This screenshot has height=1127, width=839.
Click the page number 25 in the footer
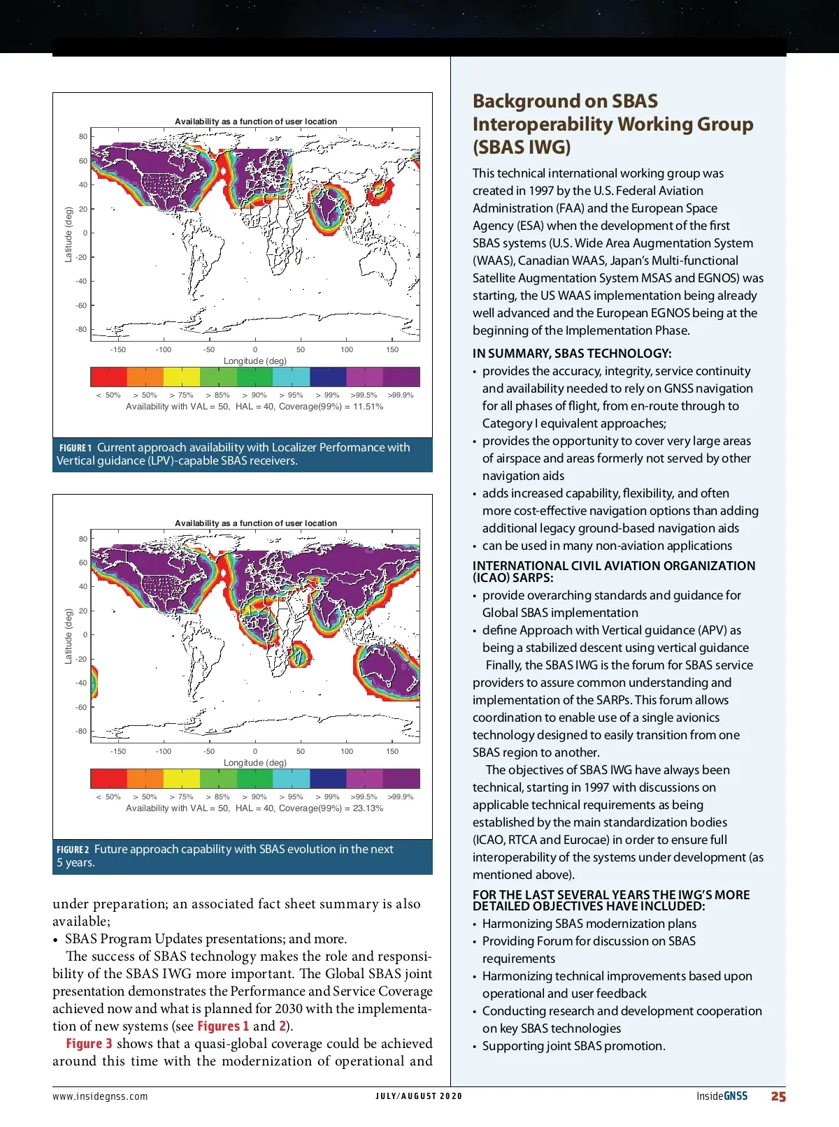click(778, 1096)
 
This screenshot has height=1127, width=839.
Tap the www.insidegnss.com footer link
click(100, 1096)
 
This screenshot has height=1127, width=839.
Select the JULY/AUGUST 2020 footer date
click(419, 1096)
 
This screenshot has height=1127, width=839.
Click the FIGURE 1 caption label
click(76, 448)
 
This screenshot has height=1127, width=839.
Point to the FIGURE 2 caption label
click(73, 850)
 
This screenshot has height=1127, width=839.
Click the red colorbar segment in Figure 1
click(108, 377)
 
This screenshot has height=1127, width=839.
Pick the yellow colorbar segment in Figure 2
click(182, 778)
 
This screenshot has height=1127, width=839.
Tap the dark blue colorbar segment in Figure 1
click(328, 377)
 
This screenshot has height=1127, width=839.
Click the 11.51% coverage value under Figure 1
click(368, 407)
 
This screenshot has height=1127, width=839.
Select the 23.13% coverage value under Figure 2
click(368, 808)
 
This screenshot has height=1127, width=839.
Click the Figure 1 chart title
click(256, 122)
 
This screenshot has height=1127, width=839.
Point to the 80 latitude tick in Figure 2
click(83, 539)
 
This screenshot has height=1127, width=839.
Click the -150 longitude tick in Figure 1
click(118, 349)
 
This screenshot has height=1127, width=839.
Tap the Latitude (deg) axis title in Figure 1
click(69, 234)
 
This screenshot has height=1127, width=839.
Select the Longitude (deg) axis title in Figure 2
click(255, 763)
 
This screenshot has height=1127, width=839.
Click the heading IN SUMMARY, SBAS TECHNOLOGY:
click(571, 354)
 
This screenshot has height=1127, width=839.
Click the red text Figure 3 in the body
click(89, 1044)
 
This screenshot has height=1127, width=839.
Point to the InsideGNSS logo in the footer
click(722, 1096)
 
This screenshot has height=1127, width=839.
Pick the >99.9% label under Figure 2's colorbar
click(401, 797)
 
